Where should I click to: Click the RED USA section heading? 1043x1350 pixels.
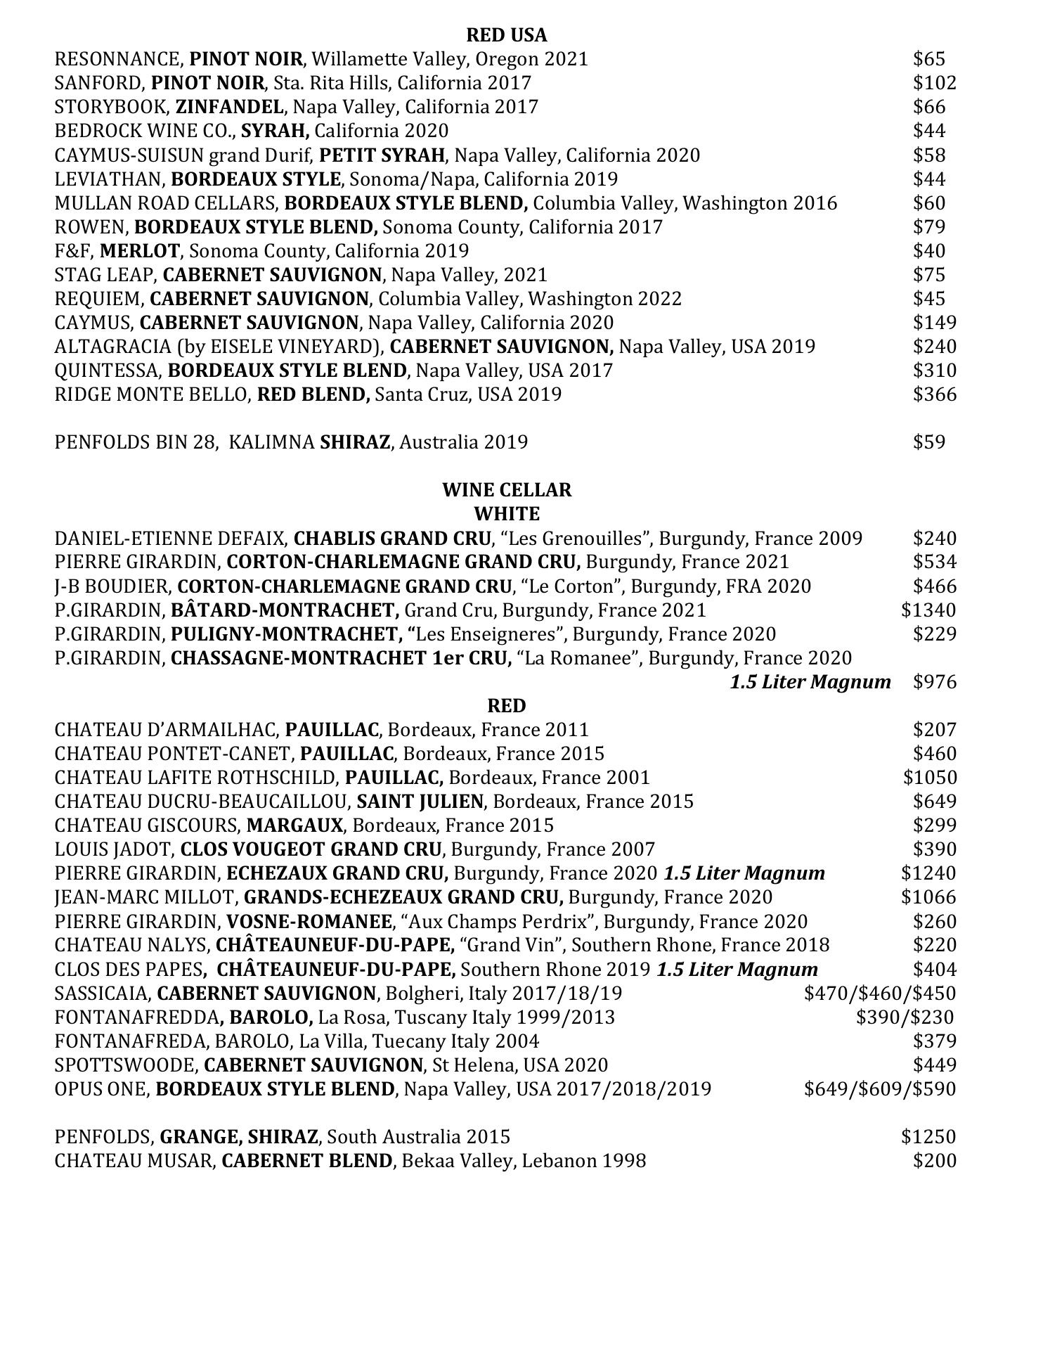pos(506,35)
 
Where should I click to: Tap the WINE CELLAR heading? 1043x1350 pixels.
pos(506,490)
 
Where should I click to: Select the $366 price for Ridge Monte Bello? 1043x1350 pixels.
pos(934,394)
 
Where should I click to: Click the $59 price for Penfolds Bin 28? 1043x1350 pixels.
pos(929,442)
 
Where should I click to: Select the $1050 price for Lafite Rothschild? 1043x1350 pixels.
pos(929,778)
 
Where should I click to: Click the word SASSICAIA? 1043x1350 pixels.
pos(103,994)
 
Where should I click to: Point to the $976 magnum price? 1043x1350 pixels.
pos(934,682)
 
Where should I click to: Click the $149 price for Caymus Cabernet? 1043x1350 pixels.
pos(934,323)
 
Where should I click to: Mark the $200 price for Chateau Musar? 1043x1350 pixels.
pos(934,1161)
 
